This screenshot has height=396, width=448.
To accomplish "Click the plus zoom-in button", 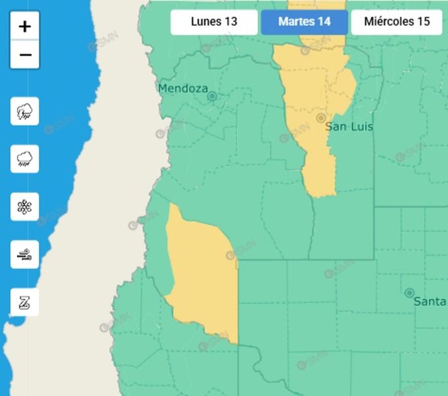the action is point(25,26).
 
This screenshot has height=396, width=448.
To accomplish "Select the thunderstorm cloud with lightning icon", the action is point(25,111).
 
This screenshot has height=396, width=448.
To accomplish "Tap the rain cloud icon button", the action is point(25,159).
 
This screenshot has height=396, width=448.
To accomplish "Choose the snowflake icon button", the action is point(25,207).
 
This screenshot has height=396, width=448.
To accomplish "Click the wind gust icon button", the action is point(25,254).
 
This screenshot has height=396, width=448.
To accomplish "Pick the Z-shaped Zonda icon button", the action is point(25,302).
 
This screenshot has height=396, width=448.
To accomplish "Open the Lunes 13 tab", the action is point(214,22).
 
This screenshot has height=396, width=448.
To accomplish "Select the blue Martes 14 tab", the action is point(304,22).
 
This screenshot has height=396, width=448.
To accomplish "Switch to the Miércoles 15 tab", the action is point(397,22).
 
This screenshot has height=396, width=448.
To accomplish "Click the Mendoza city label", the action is point(183,89).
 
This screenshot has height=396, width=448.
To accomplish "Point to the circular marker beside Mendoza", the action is point(212,95).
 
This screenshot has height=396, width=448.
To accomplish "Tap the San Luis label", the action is point(349,127).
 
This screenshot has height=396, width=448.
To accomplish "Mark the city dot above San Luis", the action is point(321,118).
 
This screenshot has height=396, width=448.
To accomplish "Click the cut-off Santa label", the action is point(429,302).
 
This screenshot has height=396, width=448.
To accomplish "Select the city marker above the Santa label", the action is point(409,292).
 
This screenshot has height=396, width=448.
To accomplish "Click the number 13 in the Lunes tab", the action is point(230,22).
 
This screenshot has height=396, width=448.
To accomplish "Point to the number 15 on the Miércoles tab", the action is point(423,22).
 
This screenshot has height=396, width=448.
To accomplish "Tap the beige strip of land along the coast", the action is point(118,177).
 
